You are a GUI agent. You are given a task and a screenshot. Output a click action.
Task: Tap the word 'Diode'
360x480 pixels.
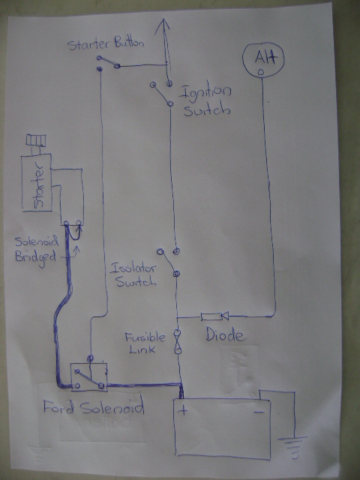tap(226, 334)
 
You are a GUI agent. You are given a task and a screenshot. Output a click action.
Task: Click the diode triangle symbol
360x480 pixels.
tap(225, 316)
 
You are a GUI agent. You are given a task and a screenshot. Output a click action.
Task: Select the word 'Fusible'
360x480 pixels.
tap(145, 337)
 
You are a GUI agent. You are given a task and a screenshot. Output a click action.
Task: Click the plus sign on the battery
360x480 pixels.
tap(183, 410)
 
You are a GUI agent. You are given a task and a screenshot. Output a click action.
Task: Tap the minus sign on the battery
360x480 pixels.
tap(259, 412)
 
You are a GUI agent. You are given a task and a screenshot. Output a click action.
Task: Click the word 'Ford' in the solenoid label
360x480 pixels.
tap(58, 406)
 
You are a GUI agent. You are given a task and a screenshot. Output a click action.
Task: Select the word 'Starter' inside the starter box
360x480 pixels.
tap(39, 184)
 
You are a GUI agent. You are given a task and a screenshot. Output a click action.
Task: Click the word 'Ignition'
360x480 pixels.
tap(205, 92)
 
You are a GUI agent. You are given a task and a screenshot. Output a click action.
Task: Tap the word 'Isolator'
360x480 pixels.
tap(133, 268)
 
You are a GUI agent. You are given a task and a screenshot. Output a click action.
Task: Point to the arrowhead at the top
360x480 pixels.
tap(163, 25)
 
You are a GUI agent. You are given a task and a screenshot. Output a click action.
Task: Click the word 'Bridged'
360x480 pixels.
tap(35, 256)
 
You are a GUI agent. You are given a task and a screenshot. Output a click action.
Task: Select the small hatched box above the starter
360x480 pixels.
tap(36, 140)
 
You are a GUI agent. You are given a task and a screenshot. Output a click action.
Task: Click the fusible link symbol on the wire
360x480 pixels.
tap(178, 341)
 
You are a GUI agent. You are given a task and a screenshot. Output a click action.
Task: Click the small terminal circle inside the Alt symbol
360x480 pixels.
tap(261, 72)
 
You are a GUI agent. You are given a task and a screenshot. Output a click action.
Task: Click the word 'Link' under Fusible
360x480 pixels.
tap(142, 349)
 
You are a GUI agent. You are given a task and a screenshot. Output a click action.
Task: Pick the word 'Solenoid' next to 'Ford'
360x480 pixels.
tap(112, 407)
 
